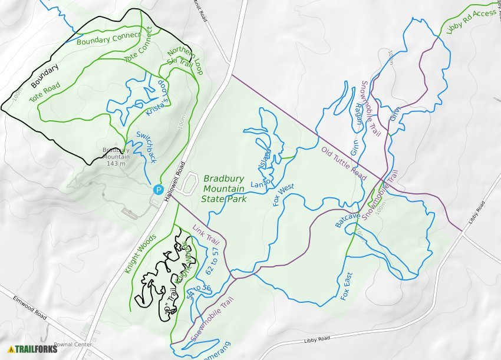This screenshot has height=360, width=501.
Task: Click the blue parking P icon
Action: pyautogui.click(x=158, y=189)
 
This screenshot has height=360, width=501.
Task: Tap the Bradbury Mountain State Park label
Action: pyautogui.click(x=224, y=189)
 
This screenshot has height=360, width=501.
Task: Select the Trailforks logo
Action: pyautogui.click(x=33, y=349)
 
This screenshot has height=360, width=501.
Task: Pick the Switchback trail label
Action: pyautogui.click(x=146, y=146)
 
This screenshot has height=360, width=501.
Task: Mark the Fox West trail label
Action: pyautogui.click(x=284, y=195)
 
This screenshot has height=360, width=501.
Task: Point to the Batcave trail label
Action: pyautogui.click(x=347, y=219)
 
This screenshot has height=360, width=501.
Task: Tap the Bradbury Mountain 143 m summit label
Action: pyautogui.click(x=116, y=157)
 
